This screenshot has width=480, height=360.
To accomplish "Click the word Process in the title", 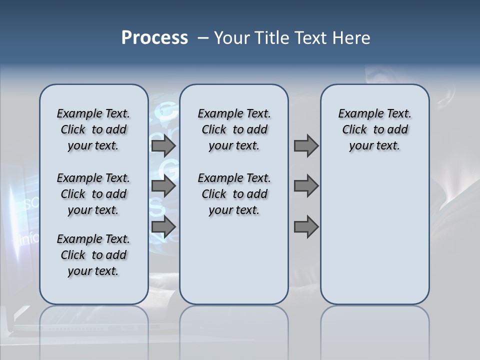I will point(154,38).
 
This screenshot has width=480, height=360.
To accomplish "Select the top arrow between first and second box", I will point(163,146).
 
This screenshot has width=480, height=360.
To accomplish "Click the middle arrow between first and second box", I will point(163,186).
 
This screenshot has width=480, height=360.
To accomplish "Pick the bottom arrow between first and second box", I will point(163,227).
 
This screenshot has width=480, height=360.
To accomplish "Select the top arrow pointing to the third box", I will point(306,146).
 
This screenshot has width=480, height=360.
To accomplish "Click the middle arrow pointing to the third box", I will point(306,186).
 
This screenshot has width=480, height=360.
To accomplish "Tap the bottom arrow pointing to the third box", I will point(306,227).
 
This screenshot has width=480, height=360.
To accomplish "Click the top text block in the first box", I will point(93,129).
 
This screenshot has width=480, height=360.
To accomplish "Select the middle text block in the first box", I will point(93,194).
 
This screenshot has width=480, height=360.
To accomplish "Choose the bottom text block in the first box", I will point(93,255).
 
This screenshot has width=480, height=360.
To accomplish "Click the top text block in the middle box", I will point(234,129).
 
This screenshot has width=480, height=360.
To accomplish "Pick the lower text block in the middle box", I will point(234,194).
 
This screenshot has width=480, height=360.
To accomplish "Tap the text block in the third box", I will point(374,129).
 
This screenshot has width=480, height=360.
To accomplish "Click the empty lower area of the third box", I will point(374,235).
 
